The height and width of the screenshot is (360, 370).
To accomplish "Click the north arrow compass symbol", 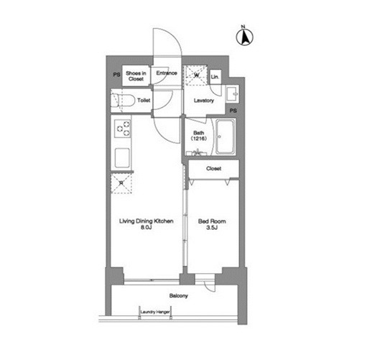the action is pyautogui.click(x=244, y=37).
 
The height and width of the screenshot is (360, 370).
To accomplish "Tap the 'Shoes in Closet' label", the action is pyautogui.click(x=136, y=76).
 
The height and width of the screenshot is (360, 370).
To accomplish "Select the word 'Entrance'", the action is pyautogui.click(x=167, y=73).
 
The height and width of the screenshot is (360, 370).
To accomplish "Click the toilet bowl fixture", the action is pyautogui.click(x=123, y=101).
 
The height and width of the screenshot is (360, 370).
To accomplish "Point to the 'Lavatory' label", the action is pyautogui.click(x=204, y=101).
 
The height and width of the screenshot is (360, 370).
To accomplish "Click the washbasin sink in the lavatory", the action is pyautogui.click(x=232, y=94).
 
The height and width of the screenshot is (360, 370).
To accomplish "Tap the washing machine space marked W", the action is pyautogui.click(x=196, y=75).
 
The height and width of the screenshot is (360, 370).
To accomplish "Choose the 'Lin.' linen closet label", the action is pyautogui.click(x=215, y=77).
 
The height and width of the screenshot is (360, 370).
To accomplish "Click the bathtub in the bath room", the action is pyautogui.click(x=225, y=137).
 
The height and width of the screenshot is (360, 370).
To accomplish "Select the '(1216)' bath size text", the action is pyautogui.click(x=199, y=139).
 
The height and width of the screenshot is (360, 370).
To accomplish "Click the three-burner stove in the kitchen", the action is pyautogui.click(x=123, y=129).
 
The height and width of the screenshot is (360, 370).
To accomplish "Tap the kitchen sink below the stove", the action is pyautogui.click(x=122, y=157).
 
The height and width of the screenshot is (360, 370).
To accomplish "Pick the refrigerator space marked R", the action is pyautogui.click(x=121, y=183).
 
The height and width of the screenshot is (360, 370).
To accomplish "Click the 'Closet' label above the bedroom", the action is pyautogui.click(x=213, y=168).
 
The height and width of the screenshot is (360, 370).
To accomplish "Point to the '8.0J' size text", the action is pyautogui.click(x=146, y=227).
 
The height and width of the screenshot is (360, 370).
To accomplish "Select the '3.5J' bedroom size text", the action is pyautogui.click(x=212, y=228).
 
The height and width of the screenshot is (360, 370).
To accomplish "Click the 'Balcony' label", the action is pyautogui.click(x=179, y=296).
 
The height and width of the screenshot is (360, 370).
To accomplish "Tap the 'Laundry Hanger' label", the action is pyautogui.click(x=155, y=312).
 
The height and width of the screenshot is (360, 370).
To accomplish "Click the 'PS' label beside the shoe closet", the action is pyautogui.click(x=116, y=75).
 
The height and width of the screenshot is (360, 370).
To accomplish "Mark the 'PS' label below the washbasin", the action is pyautogui.click(x=233, y=111).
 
